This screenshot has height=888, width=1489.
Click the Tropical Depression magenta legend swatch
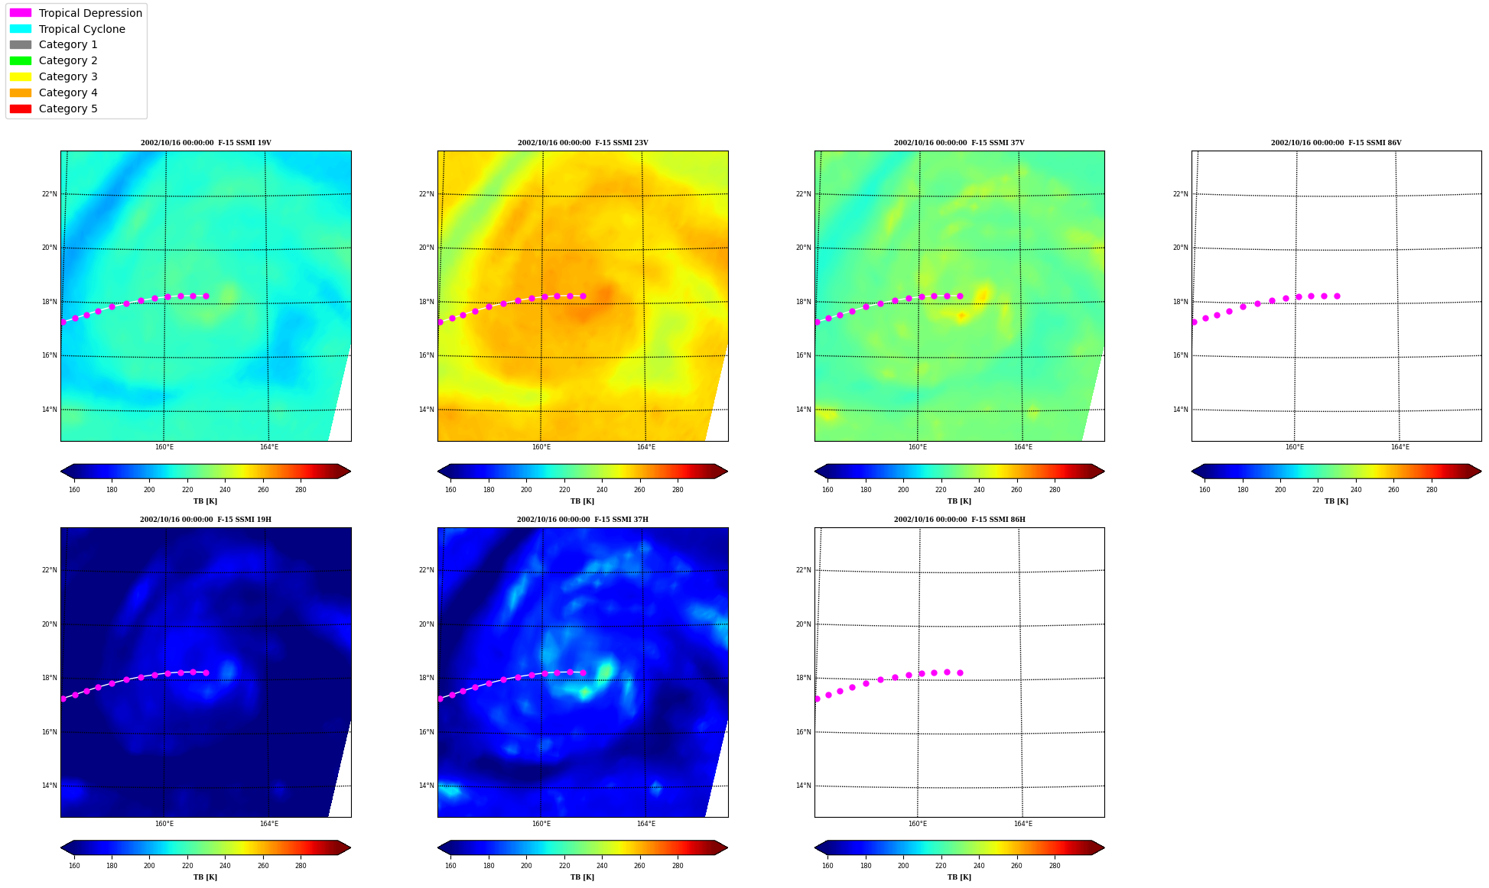tap(21, 13)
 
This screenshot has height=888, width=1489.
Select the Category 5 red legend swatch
tap(21, 109)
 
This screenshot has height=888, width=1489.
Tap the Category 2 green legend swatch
tap(21, 60)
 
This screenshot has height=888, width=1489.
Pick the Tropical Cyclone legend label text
tap(82, 29)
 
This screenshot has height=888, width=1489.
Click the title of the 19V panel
tap(206, 143)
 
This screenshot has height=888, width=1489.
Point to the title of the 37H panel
tap(583, 520)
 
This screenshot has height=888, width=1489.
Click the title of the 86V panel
tap(1336, 143)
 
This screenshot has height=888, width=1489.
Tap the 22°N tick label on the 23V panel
tap(426, 194)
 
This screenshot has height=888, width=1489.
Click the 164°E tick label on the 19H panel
tap(268, 824)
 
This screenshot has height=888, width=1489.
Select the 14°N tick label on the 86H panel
tap(803, 786)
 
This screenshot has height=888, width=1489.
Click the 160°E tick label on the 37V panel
tap(918, 447)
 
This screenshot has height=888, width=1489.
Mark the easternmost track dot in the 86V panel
tap(1337, 296)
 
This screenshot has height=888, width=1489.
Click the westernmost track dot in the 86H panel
tap(817, 698)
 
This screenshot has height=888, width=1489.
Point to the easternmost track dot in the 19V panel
tap(206, 296)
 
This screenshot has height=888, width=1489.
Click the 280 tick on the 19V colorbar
tap(301, 490)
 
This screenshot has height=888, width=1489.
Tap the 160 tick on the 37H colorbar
tap(450, 866)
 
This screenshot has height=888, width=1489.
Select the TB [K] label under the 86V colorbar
tap(1336, 501)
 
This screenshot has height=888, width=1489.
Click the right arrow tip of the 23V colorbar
tap(727, 471)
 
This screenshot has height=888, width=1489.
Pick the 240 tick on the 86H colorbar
tap(979, 866)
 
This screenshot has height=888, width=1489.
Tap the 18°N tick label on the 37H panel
tap(426, 678)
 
